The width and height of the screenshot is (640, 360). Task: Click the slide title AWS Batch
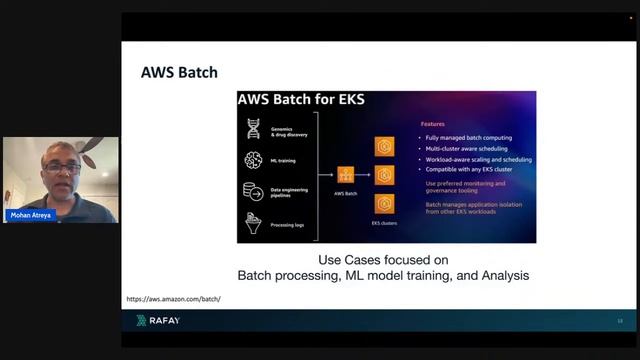179,73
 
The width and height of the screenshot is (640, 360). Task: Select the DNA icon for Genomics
253,128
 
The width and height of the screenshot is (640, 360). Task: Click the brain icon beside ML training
253,160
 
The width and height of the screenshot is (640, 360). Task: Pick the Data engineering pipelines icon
253,191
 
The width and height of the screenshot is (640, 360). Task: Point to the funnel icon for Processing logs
253,222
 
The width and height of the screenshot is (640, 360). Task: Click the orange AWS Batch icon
346,174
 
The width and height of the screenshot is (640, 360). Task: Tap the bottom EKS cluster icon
384,203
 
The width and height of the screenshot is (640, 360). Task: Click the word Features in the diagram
432,124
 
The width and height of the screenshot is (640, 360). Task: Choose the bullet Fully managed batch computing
470,136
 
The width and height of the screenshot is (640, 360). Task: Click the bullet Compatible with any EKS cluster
474,169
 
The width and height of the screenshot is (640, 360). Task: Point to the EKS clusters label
384,223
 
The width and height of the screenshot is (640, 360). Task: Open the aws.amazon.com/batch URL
174,299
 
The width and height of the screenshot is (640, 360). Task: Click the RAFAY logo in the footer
157,320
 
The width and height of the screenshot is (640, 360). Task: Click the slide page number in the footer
620,320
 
